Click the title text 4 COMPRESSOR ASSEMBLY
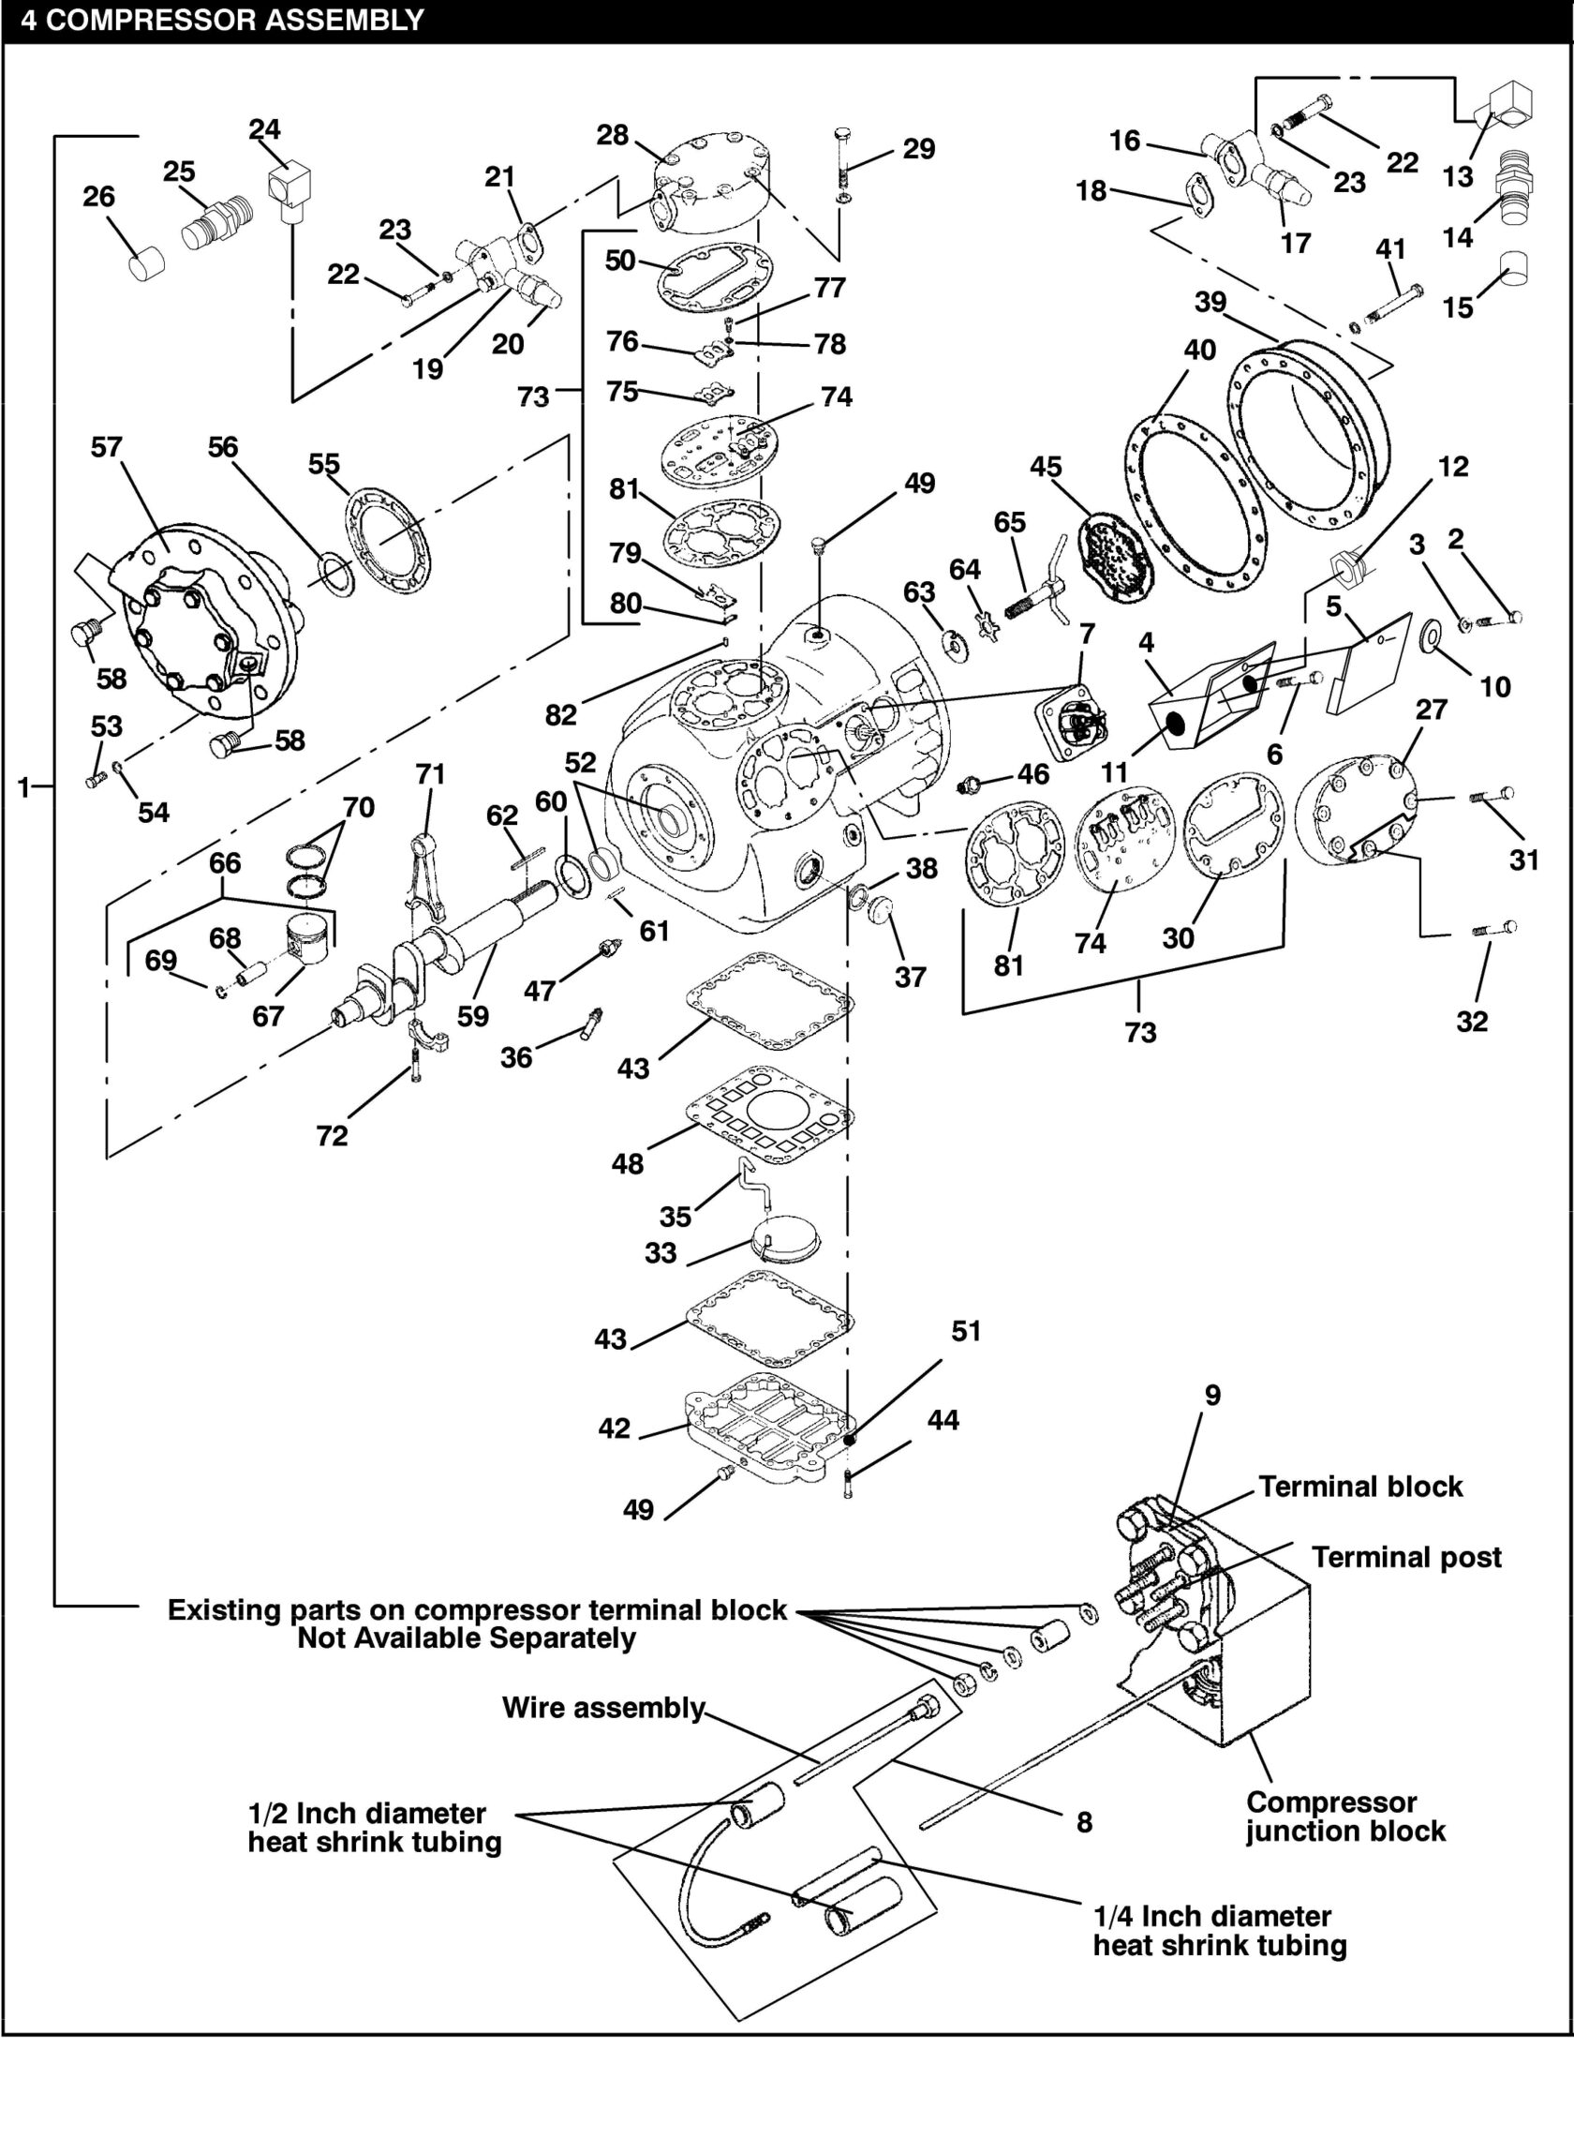(x=222, y=20)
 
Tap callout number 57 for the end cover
(x=107, y=447)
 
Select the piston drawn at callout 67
(x=306, y=940)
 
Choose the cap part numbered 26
(x=146, y=262)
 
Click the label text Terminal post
(x=1405, y=1558)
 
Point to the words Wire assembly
(x=603, y=1707)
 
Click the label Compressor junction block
(x=1345, y=1817)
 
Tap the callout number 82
(x=560, y=714)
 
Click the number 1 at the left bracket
(x=23, y=787)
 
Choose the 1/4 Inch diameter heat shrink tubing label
(x=1219, y=1930)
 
